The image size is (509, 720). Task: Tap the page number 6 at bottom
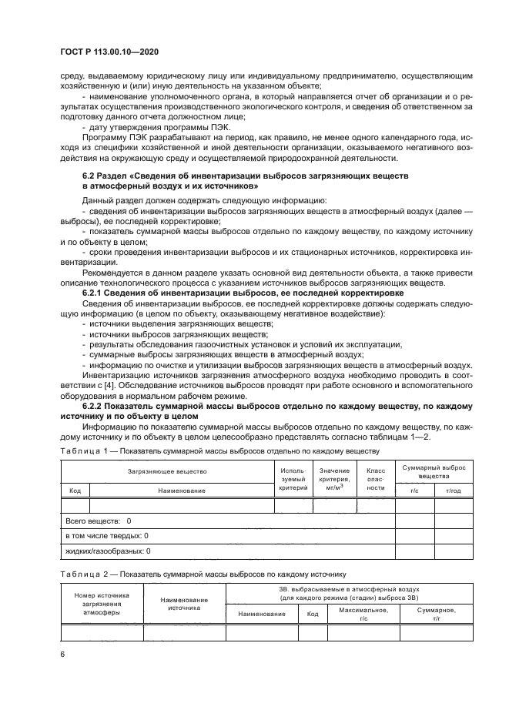[x=63, y=654]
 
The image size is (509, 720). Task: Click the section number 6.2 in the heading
[x=89, y=176]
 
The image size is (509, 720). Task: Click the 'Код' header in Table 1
[x=75, y=490]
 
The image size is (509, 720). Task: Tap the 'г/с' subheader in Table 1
[x=414, y=490]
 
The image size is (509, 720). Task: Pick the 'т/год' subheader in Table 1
[x=453, y=490]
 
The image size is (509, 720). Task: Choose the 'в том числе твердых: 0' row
[x=107, y=536]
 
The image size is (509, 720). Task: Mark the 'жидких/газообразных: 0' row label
[x=108, y=551]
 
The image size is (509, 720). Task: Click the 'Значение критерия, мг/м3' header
[x=334, y=479]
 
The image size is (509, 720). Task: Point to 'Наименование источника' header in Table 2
[x=184, y=604]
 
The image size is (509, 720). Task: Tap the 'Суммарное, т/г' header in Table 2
[x=436, y=614]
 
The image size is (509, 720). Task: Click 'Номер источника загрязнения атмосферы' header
[x=102, y=604]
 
